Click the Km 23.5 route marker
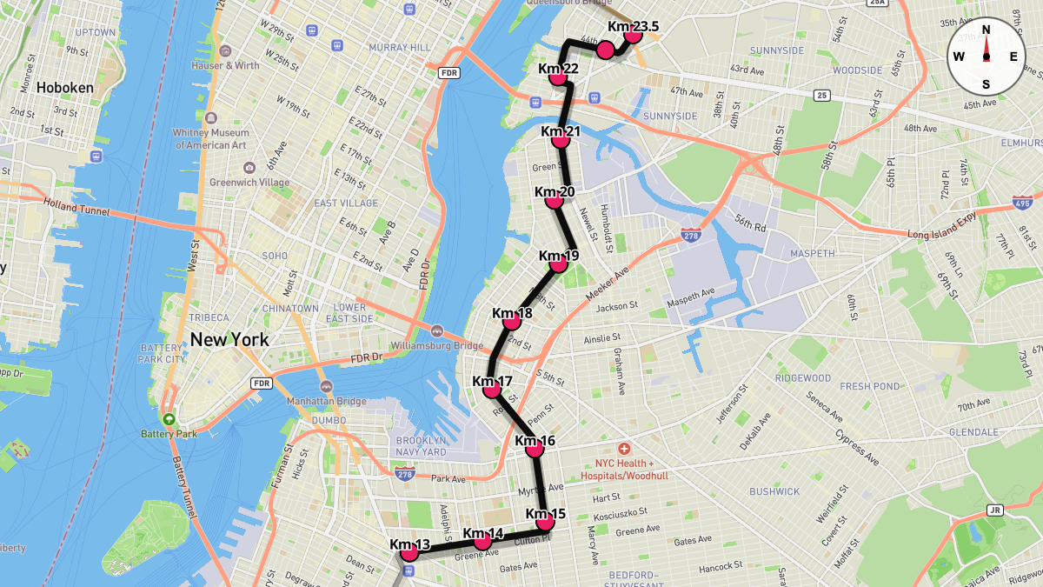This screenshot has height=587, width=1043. pyautogui.click(x=633, y=36)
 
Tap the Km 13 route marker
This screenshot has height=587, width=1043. pyautogui.click(x=409, y=552)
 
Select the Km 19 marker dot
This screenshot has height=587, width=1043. pyautogui.click(x=559, y=264)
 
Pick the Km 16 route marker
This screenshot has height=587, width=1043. pyautogui.click(x=535, y=449)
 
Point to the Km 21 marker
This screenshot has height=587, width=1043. pyautogui.click(x=561, y=140)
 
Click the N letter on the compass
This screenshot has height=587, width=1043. pyautogui.click(x=987, y=30)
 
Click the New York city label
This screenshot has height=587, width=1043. pyautogui.click(x=229, y=339)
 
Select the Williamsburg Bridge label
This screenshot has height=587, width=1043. pyautogui.click(x=437, y=345)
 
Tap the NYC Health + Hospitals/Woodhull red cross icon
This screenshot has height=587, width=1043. pyautogui.click(x=624, y=446)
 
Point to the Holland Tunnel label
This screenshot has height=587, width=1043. pyautogui.click(x=79, y=208)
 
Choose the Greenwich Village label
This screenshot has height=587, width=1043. pyautogui.click(x=249, y=183)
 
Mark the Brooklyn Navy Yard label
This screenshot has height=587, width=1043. pyautogui.click(x=421, y=446)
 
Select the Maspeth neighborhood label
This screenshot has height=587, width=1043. pyautogui.click(x=813, y=253)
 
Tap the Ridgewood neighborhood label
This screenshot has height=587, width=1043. pyautogui.click(x=803, y=378)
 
